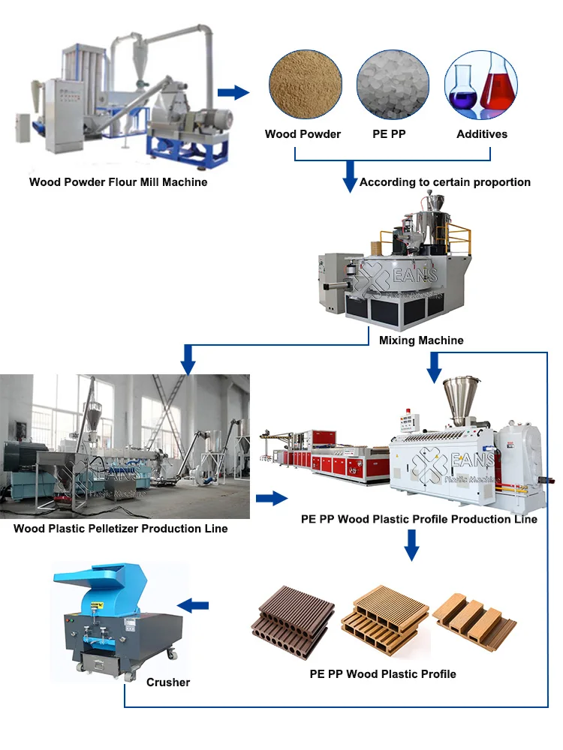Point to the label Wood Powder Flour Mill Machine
click(x=119, y=181)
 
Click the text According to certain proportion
click(x=445, y=182)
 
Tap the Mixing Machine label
click(x=421, y=340)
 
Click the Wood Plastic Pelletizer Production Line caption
click(x=120, y=529)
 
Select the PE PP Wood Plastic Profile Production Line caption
click(x=419, y=518)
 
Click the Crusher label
click(x=168, y=682)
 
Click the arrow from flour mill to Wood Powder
click(x=233, y=92)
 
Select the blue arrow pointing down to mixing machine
click(x=350, y=177)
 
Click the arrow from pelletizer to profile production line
click(x=272, y=498)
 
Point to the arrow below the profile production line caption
click(x=410, y=545)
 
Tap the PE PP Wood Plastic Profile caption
click(x=383, y=673)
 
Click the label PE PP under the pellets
click(x=390, y=134)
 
